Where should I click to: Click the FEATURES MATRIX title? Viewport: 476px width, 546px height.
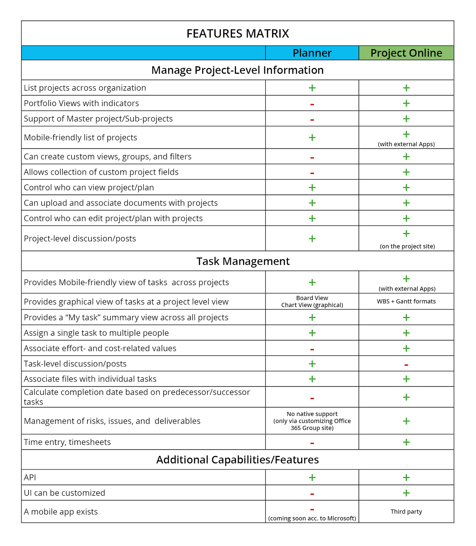click(238, 33)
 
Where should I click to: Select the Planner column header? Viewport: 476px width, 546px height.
click(312, 53)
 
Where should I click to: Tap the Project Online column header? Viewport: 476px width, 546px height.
click(406, 53)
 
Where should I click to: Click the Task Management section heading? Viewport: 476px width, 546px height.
click(243, 261)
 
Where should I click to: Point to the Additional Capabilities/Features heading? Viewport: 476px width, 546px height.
click(237, 460)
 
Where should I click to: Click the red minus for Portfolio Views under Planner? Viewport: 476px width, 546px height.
click(312, 104)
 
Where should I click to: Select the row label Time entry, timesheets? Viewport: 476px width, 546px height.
click(67, 442)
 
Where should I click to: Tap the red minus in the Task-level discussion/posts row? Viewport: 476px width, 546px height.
click(406, 365)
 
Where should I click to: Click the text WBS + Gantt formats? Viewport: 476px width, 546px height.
click(406, 301)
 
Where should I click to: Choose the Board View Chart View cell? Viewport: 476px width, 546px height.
click(312, 301)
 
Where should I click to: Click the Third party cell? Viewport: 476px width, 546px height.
click(406, 512)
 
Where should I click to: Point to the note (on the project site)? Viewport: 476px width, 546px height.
click(407, 246)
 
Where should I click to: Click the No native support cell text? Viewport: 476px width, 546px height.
click(312, 421)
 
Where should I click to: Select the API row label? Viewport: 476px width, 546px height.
click(30, 477)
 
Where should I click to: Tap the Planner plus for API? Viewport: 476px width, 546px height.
click(312, 477)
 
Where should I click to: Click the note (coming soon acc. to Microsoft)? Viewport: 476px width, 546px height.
click(312, 518)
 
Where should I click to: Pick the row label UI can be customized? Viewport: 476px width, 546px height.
click(65, 493)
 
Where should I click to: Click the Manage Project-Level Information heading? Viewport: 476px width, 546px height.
click(237, 70)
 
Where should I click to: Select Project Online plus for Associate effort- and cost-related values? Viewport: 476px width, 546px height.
click(406, 348)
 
